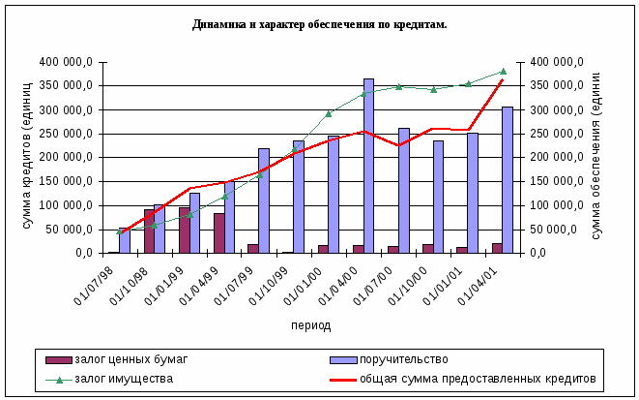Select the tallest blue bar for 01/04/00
pyautogui.click(x=368, y=167)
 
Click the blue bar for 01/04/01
pyautogui.click(x=508, y=180)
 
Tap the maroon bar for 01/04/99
pyautogui.click(x=219, y=233)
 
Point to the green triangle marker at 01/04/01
pyautogui.click(x=503, y=71)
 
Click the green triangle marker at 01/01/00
pyautogui.click(x=329, y=113)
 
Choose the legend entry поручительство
pyautogui.click(x=397, y=359)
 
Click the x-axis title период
pyautogui.click(x=310, y=325)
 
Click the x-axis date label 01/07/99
pyautogui.click(x=253, y=284)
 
